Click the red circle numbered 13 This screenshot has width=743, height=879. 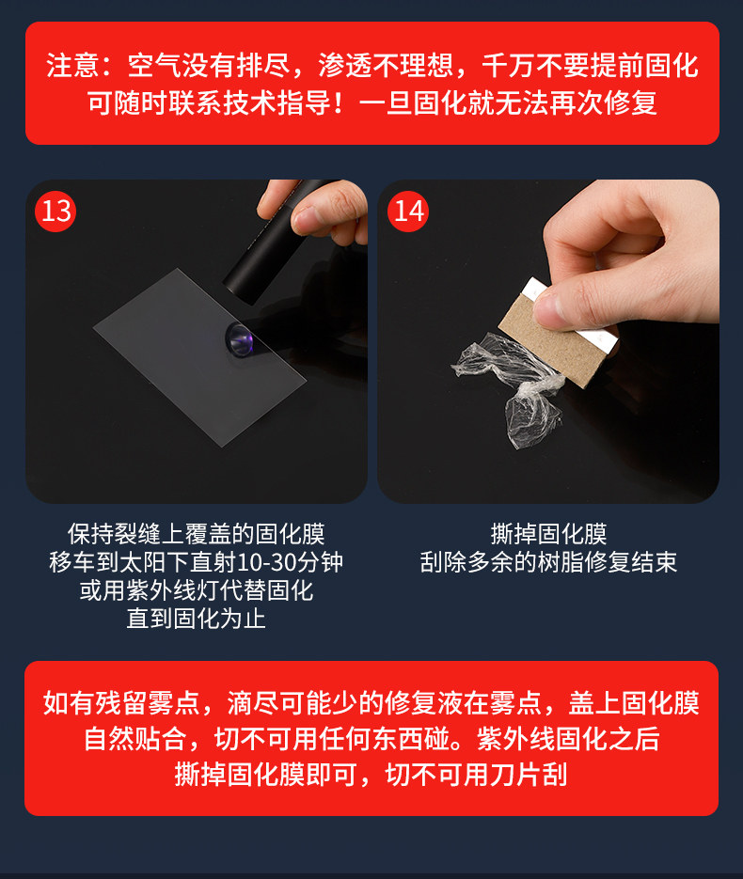(55, 211)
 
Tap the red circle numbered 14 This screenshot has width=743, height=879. (408, 211)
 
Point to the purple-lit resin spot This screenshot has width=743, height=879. (240, 339)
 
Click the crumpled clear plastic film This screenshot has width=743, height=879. (508, 386)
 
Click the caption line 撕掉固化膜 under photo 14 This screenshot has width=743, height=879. (548, 534)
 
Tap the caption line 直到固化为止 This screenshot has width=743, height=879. (196, 619)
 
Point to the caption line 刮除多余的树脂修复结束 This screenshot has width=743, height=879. (548, 562)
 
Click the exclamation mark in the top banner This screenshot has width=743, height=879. (339, 103)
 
